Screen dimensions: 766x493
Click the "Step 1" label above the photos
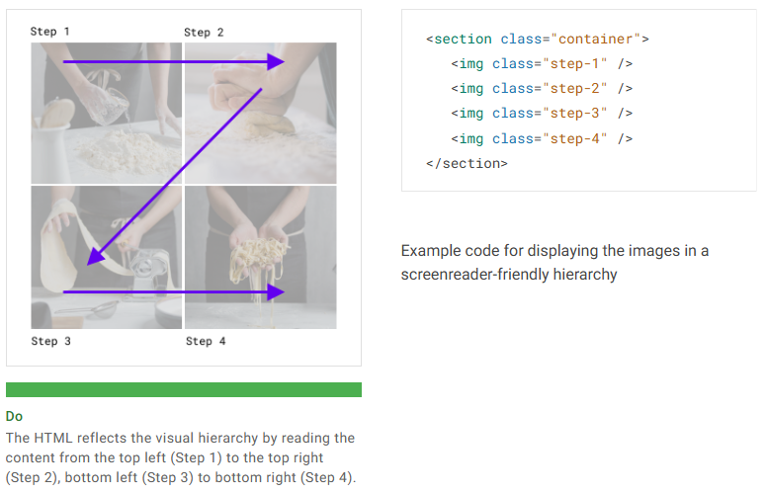point(49,32)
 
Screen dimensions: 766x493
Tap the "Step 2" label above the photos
point(204,33)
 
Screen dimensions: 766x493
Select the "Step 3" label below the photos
point(50,341)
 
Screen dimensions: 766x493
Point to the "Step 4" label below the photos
point(206,341)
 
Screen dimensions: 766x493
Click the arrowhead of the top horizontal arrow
point(276,61)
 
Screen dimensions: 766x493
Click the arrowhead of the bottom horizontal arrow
point(276,292)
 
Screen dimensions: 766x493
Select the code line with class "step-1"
point(542,63)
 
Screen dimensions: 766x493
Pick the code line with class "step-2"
point(542,88)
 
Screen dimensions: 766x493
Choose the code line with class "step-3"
point(542,114)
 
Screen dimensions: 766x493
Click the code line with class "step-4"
point(542,138)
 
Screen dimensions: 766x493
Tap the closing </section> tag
point(467,163)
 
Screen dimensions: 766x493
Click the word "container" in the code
point(596,39)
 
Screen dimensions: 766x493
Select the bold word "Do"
point(14,416)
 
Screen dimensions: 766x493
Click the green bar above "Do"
point(183,389)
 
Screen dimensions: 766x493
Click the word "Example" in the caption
point(431,250)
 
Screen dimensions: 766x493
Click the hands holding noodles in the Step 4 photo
point(258,253)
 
